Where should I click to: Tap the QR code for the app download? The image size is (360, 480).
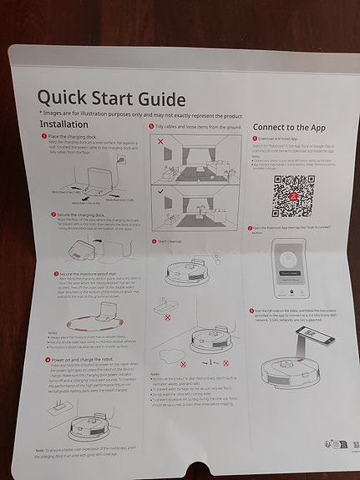(x=292, y=194)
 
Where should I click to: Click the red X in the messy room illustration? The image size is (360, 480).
(x=160, y=144)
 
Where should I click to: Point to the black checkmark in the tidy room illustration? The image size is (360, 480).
(x=160, y=190)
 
